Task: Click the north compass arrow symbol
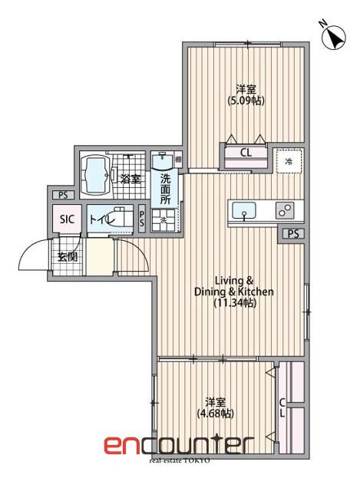pos(335,36)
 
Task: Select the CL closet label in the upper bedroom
pos(246,153)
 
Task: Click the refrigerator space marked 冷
pos(289,162)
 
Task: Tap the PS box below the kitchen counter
pos(294,234)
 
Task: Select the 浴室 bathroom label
pos(130,180)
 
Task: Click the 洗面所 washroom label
pos(166,189)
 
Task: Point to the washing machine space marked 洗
pos(163,221)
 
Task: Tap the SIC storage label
pos(67,219)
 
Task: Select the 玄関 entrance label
pos(67,256)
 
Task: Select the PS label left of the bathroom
pos(60,195)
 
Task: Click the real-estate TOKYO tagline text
pos(179,460)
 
